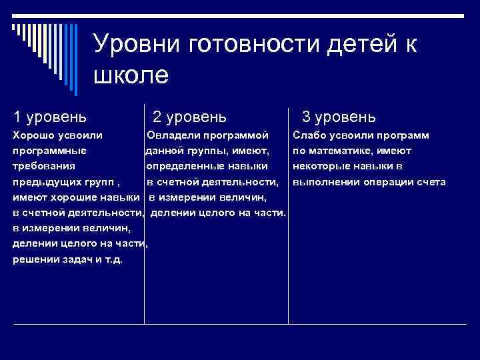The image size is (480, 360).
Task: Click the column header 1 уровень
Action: tap(49, 117)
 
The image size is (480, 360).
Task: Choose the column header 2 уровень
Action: tap(189, 117)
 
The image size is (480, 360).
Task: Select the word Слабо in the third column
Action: tap(309, 135)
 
